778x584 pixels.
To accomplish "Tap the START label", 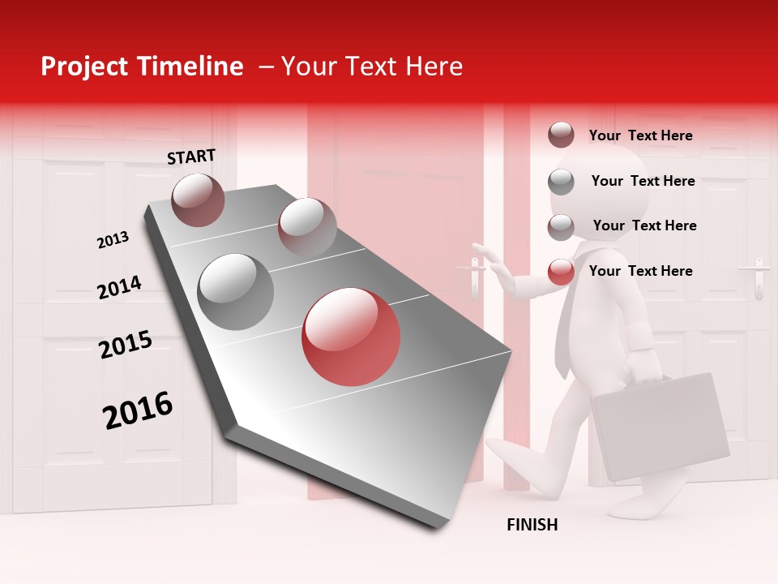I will tap(191, 157).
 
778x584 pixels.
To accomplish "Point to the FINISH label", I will tap(532, 525).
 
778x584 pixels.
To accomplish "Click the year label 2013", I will tap(113, 240).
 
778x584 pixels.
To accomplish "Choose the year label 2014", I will tap(119, 288).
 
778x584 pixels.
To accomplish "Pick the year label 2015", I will tap(126, 345).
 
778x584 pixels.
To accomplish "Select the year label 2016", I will tap(138, 410).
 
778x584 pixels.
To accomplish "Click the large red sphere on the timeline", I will tap(351, 337).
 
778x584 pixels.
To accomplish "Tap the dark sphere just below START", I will tap(199, 200).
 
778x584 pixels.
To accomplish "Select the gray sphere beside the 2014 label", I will tap(236, 291).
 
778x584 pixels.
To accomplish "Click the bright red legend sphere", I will tap(561, 272).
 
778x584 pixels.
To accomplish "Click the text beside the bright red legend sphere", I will tap(640, 271).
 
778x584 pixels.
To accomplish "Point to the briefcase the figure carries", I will tap(660, 426).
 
